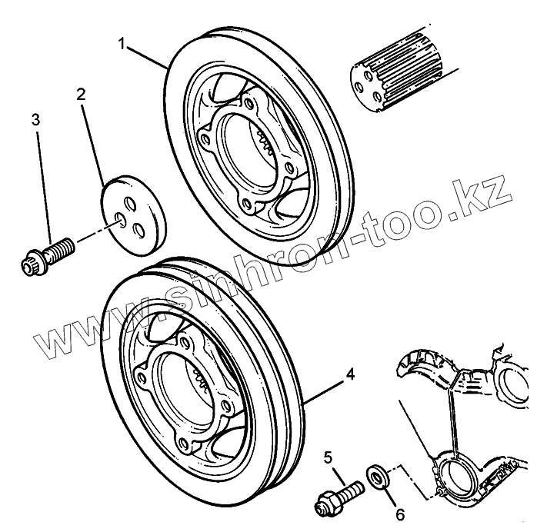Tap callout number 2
coord(81,95)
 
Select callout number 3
coord(35,119)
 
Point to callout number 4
coord(350,374)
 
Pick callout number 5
coord(327,458)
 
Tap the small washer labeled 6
coord(379,477)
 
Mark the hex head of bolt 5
coord(322,505)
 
